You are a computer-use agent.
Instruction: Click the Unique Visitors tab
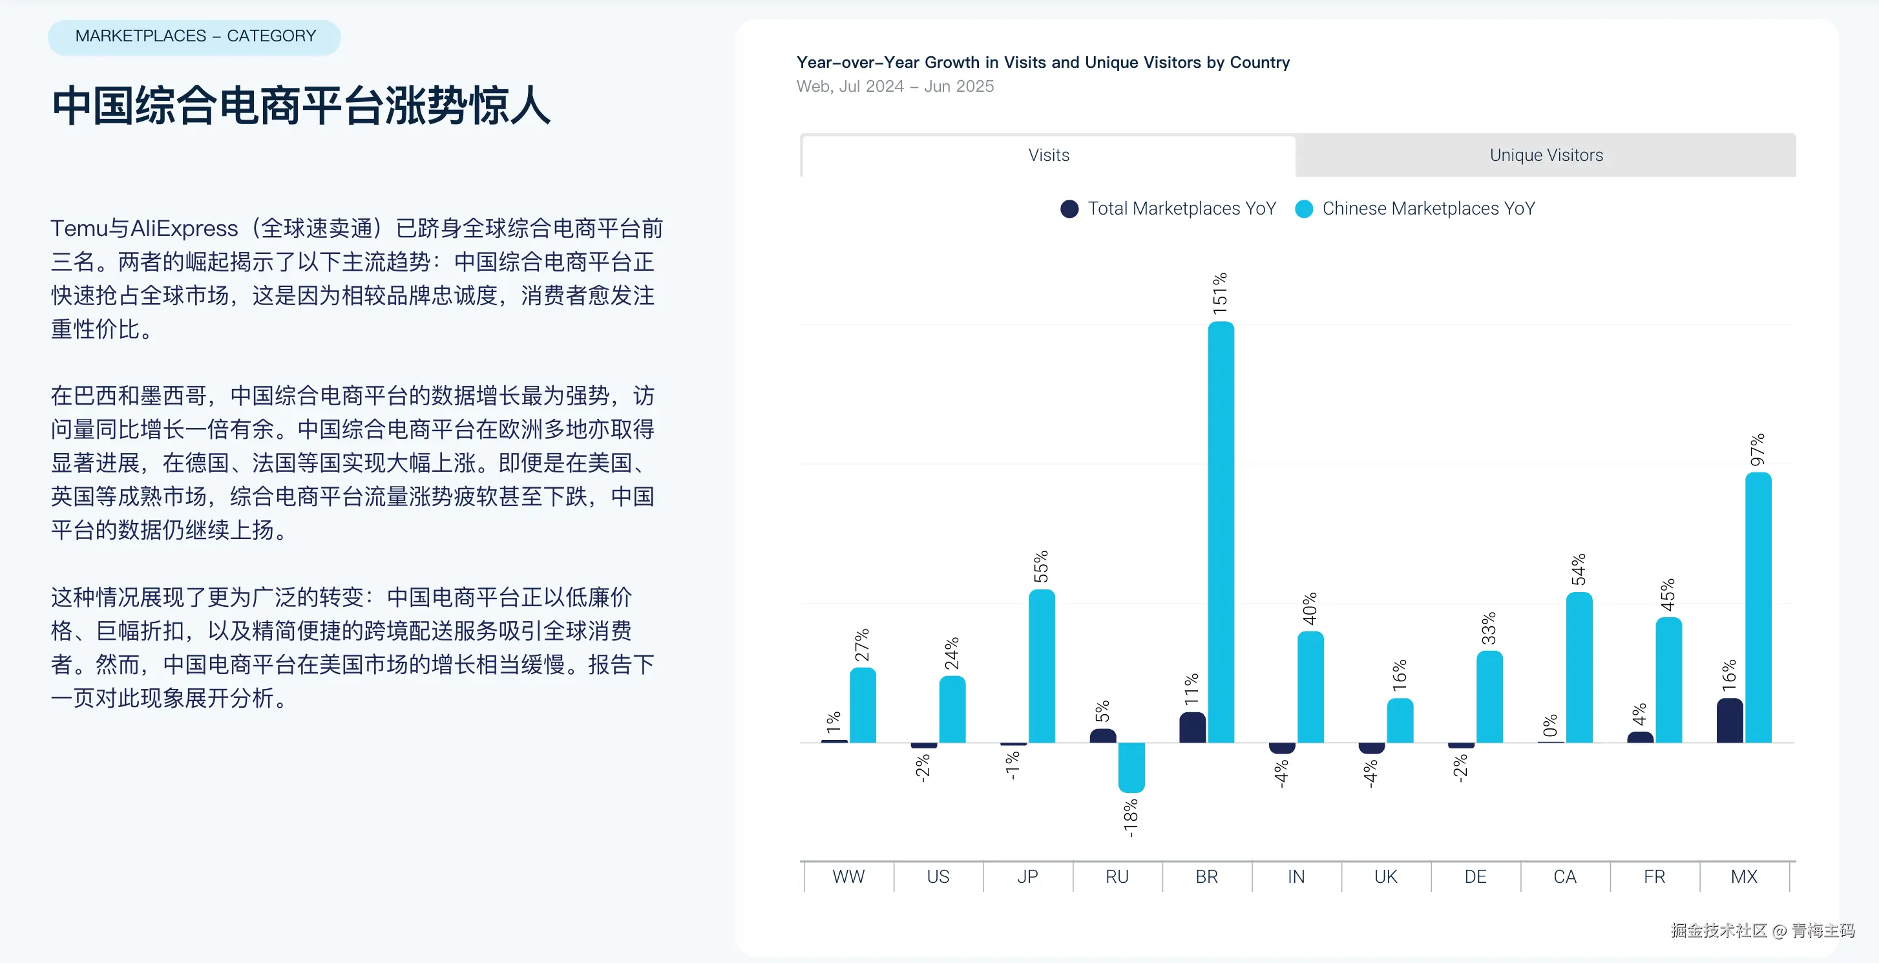point(1546,155)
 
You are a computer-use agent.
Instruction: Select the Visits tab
point(1048,155)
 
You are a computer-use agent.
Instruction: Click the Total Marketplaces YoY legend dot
point(1069,209)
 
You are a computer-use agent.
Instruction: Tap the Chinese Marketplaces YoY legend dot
point(1303,209)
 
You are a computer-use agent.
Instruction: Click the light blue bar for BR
point(1221,533)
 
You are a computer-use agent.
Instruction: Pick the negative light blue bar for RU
point(1131,767)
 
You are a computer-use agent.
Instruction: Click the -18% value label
point(1131,818)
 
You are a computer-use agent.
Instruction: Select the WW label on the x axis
point(848,876)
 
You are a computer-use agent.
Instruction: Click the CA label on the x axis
point(1564,876)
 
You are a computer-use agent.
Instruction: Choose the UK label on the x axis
point(1385,876)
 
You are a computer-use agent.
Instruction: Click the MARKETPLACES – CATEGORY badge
point(194,36)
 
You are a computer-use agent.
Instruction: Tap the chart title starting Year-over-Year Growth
point(1042,63)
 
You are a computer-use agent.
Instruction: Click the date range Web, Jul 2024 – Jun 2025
point(895,87)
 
